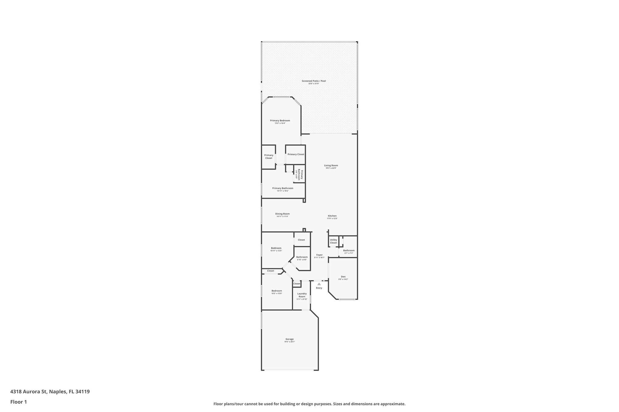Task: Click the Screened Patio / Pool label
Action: coord(314,81)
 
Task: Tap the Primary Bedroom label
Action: coord(280,121)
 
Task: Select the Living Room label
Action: coord(331,165)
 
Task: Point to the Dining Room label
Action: coord(282,214)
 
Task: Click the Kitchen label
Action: coord(332,216)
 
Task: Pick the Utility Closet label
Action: coord(333,241)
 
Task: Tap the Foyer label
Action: coord(319,255)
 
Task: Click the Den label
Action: coord(343,277)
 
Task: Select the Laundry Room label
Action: coord(302,295)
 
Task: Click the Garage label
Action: coord(290,339)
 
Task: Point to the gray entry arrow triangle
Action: coord(319,284)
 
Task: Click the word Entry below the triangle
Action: coord(319,288)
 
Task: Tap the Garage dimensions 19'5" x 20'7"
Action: coord(290,342)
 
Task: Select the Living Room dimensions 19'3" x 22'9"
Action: coord(331,168)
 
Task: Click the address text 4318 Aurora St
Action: coord(29,392)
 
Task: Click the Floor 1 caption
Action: coord(19,402)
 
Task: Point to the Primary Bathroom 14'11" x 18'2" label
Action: coord(283,188)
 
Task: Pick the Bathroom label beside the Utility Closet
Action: coord(349,251)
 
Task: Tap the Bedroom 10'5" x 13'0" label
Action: coord(277,291)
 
